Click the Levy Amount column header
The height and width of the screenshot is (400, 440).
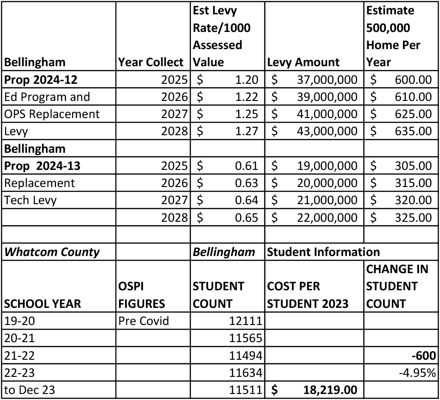click(x=303, y=62)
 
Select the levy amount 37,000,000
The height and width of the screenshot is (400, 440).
click(x=327, y=80)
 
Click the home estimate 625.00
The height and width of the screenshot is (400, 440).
click(x=413, y=114)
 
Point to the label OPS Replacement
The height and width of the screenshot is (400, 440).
click(x=52, y=114)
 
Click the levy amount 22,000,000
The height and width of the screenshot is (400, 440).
click(x=327, y=217)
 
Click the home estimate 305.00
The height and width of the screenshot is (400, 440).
click(x=413, y=166)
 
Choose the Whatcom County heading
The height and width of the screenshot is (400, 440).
click(x=52, y=252)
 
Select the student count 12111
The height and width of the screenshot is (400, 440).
click(x=246, y=321)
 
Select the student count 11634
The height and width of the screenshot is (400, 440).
click(x=246, y=373)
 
